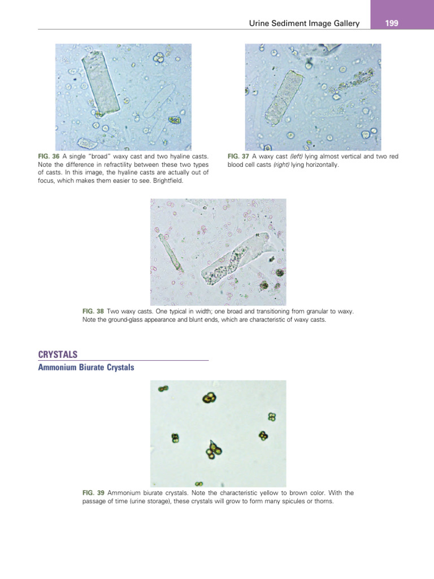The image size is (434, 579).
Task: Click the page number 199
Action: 392,23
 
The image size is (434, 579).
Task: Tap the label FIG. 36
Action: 46,156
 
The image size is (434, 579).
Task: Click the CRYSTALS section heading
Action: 58,354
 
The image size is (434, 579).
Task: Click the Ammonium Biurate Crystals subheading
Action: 86,368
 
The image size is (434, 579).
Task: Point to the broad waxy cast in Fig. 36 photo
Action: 101,83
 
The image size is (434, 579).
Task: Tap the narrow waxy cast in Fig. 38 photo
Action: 170,252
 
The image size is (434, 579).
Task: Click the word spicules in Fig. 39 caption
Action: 289,500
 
